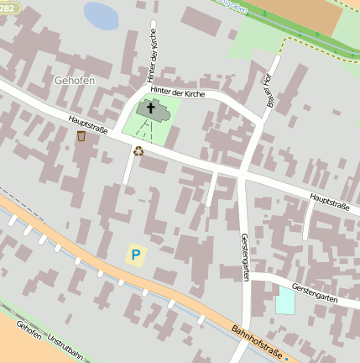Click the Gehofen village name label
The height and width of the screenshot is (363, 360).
[x=71, y=79]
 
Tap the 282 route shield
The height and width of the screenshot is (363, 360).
[x=8, y=6]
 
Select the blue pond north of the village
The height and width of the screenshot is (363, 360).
[x=102, y=15]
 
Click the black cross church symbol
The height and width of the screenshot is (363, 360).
[x=152, y=107]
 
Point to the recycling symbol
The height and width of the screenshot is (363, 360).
[x=138, y=151]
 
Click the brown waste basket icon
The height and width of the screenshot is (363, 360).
[x=81, y=136]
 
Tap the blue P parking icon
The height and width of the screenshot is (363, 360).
[x=135, y=253]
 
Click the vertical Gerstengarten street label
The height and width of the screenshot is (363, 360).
[x=244, y=257]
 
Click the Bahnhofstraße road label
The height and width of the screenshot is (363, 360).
[x=258, y=339]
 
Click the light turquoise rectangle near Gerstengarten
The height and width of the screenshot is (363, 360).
[x=285, y=300]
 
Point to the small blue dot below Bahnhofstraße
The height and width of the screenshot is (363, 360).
[x=285, y=359]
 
